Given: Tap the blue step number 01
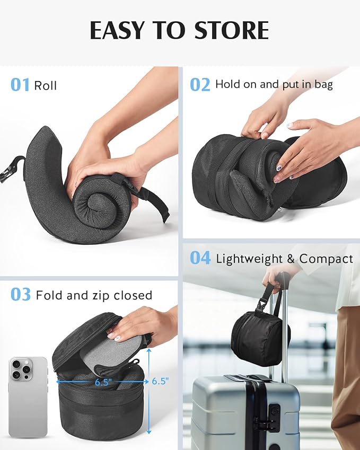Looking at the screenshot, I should click(x=20, y=85).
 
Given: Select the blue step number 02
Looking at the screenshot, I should click(x=200, y=85).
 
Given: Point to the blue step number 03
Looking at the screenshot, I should click(x=20, y=295).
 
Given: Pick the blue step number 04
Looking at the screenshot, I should click(x=200, y=259).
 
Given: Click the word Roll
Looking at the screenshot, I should click(x=46, y=85).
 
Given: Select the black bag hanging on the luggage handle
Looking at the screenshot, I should click(x=259, y=338).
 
